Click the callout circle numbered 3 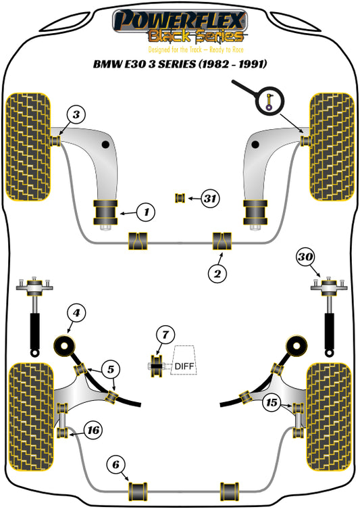point(77,115)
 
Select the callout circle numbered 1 point(144,213)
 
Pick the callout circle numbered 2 point(217,273)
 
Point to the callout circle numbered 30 point(305,257)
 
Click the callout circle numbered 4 point(77,313)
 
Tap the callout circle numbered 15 point(272,403)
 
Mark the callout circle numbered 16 point(93,429)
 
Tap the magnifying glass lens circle point(270,101)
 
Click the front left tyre point(28,147)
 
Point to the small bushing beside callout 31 point(180,197)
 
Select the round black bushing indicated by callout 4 point(67,347)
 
